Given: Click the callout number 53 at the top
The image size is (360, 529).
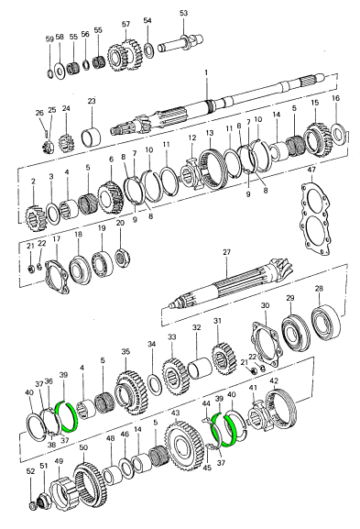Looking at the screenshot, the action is [x=183, y=14].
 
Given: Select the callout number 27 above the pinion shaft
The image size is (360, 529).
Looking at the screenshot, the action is [x=226, y=252].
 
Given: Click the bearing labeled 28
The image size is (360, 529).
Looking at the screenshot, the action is [x=326, y=323].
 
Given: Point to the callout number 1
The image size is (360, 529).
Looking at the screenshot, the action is [x=206, y=72].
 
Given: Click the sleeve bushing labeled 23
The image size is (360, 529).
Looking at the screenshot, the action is [x=92, y=137].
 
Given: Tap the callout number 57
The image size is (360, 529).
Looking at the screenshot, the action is [x=125, y=24].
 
